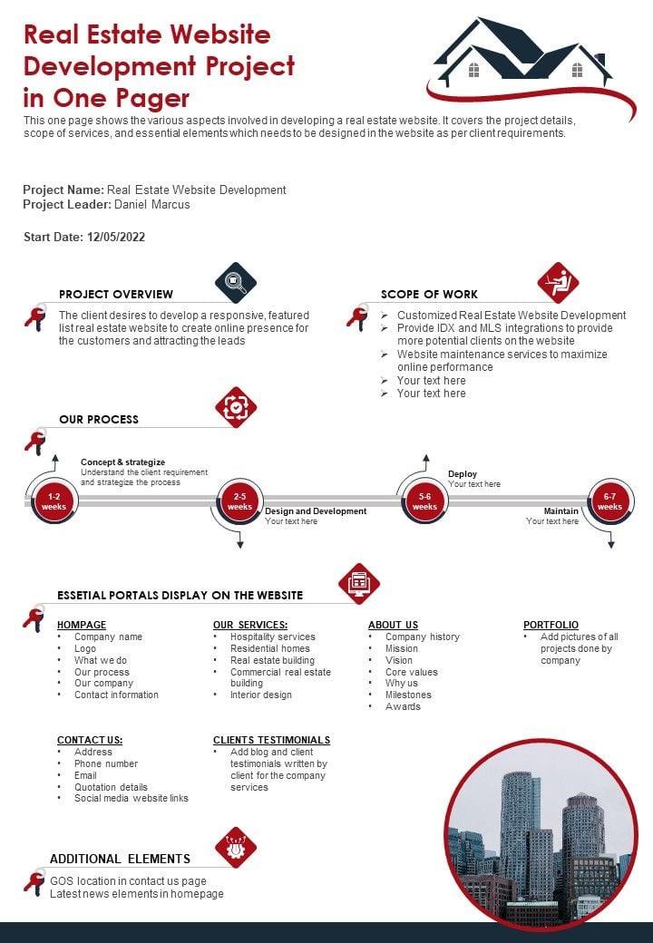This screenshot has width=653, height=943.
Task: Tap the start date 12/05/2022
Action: click(116, 237)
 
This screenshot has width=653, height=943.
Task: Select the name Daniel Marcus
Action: click(152, 204)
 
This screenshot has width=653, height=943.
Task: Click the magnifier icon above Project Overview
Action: click(236, 283)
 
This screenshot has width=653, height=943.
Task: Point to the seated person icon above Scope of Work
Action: click(558, 283)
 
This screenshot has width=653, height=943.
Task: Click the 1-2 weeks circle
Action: click(54, 501)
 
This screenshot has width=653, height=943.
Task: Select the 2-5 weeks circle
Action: click(239, 501)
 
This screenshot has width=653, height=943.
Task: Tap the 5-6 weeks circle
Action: click(424, 501)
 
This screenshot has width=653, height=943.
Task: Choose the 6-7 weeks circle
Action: click(609, 501)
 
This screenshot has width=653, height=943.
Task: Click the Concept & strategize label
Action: click(122, 462)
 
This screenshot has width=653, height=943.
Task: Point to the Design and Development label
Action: click(316, 511)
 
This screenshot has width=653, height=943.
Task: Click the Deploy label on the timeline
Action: click(463, 474)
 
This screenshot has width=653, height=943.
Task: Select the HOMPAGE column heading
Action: click(82, 625)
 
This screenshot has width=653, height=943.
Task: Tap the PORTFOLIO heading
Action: click(551, 625)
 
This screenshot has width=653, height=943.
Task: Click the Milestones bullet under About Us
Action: click(408, 695)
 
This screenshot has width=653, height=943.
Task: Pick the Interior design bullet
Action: click(261, 695)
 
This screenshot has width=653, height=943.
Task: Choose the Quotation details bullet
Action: click(111, 787)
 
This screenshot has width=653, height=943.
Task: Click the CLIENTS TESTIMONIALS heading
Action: click(271, 740)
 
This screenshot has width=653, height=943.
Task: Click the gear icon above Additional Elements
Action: click(236, 848)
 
